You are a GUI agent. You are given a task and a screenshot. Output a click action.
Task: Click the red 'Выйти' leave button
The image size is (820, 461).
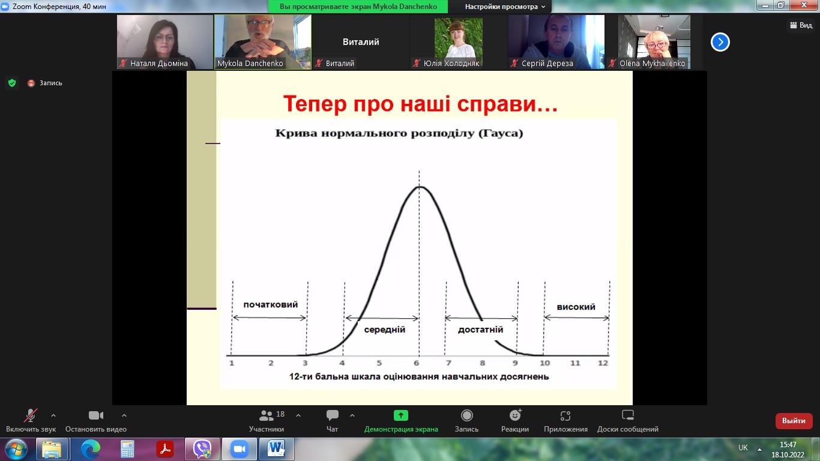(x=794, y=421)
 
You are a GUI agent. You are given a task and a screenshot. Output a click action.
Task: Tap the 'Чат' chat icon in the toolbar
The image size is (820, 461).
(x=333, y=415)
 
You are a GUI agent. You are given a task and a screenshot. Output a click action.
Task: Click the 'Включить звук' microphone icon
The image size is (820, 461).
(x=31, y=415)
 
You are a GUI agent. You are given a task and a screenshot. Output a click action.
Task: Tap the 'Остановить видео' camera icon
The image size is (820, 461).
(x=96, y=415)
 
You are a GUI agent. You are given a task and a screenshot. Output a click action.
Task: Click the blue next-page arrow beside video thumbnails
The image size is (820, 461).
(x=720, y=42)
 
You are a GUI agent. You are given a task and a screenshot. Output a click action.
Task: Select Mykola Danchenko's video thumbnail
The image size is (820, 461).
(x=263, y=42)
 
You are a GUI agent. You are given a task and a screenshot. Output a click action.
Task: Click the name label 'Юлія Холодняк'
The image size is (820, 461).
(x=451, y=64)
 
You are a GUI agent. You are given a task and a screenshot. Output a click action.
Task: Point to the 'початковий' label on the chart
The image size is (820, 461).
(x=271, y=305)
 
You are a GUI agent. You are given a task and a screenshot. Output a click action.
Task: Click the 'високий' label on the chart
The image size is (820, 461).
(x=576, y=307)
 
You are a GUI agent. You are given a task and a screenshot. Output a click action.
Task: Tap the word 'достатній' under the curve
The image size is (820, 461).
(x=480, y=330)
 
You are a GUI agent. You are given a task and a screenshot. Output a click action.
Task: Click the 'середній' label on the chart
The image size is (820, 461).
(x=384, y=330)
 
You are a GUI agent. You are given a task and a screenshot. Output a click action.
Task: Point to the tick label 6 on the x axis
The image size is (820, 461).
(x=416, y=363)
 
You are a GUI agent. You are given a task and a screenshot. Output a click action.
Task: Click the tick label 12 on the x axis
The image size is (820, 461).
(x=603, y=363)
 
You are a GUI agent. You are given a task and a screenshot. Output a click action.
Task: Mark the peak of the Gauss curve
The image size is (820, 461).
(x=420, y=187)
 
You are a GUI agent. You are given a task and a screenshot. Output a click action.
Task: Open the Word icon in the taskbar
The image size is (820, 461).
(x=276, y=448)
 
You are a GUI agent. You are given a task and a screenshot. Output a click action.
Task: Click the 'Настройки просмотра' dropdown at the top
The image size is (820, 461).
(x=505, y=7)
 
